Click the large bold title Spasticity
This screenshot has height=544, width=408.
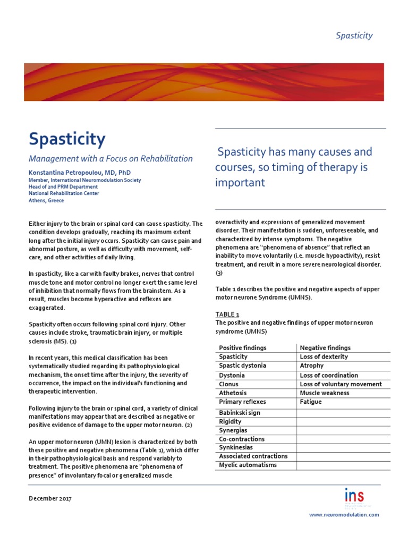click(67, 139)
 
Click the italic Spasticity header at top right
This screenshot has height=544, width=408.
click(354, 36)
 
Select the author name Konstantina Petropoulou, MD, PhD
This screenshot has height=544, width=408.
click(79, 173)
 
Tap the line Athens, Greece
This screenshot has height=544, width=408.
click(46, 200)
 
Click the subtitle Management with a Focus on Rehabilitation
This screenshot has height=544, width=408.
click(110, 158)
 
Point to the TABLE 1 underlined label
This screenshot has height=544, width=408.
click(227, 314)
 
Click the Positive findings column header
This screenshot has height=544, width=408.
click(243, 348)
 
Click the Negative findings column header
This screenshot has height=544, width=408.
click(325, 348)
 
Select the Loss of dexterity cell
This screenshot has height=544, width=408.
click(324, 357)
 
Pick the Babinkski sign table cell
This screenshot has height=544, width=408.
click(240, 413)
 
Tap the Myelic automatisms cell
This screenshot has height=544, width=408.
click(248, 465)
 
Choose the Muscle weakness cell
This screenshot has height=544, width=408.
click(325, 393)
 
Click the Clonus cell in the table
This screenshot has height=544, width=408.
click(229, 384)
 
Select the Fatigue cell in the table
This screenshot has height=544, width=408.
click(311, 402)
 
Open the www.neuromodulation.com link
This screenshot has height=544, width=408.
click(344, 515)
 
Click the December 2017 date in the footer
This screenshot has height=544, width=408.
click(50, 499)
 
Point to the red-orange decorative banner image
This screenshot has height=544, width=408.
click(204, 82)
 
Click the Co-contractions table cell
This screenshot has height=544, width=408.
click(242, 439)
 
